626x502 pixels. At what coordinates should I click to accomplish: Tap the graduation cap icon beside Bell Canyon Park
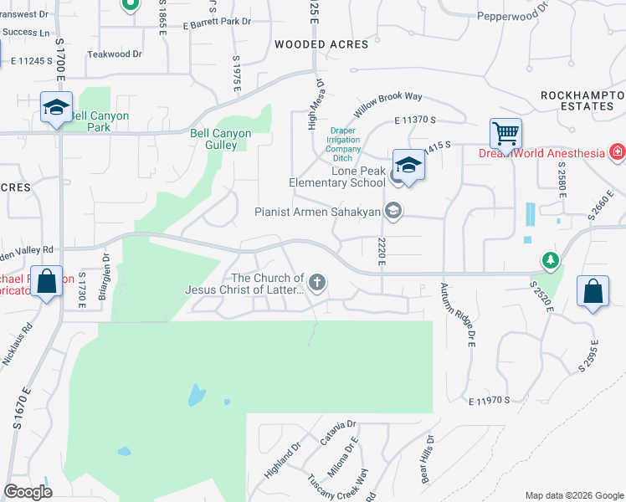(56, 108)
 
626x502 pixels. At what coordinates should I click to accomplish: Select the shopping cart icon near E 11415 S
(505, 133)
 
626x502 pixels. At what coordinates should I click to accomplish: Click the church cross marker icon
(316, 283)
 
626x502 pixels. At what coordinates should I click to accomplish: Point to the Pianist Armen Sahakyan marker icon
(393, 212)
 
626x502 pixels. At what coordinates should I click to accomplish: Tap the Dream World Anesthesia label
(541, 153)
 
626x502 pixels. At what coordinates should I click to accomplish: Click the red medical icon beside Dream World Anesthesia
(617, 152)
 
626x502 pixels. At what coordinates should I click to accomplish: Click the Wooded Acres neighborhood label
(321, 44)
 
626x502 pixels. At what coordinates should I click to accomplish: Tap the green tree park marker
(550, 261)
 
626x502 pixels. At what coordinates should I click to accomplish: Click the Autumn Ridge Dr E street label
(458, 315)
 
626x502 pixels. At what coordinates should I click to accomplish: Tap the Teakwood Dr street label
(115, 54)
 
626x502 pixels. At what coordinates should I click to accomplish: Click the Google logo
(28, 491)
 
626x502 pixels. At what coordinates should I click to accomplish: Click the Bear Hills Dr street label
(427, 459)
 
